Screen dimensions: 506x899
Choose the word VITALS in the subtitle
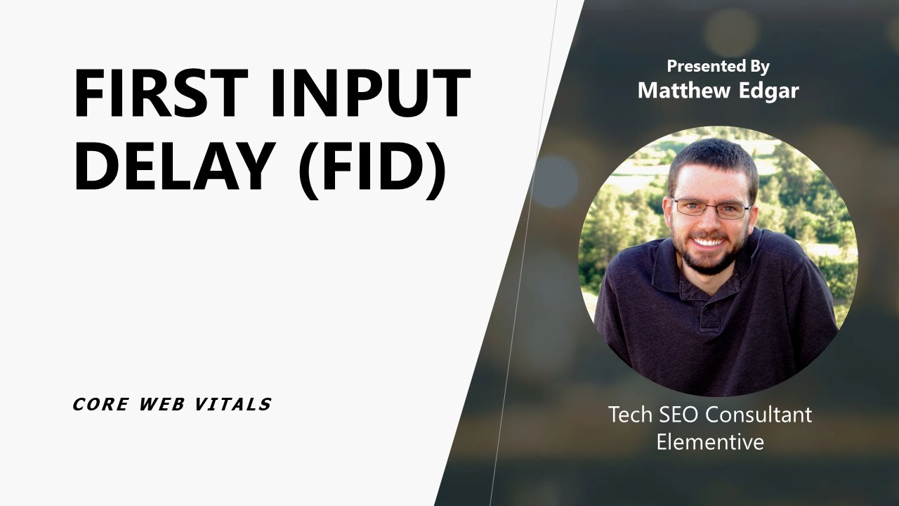tap(237, 404)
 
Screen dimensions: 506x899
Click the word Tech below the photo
tap(630, 415)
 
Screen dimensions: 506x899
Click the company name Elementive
tap(710, 442)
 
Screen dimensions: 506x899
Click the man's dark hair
tap(712, 158)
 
